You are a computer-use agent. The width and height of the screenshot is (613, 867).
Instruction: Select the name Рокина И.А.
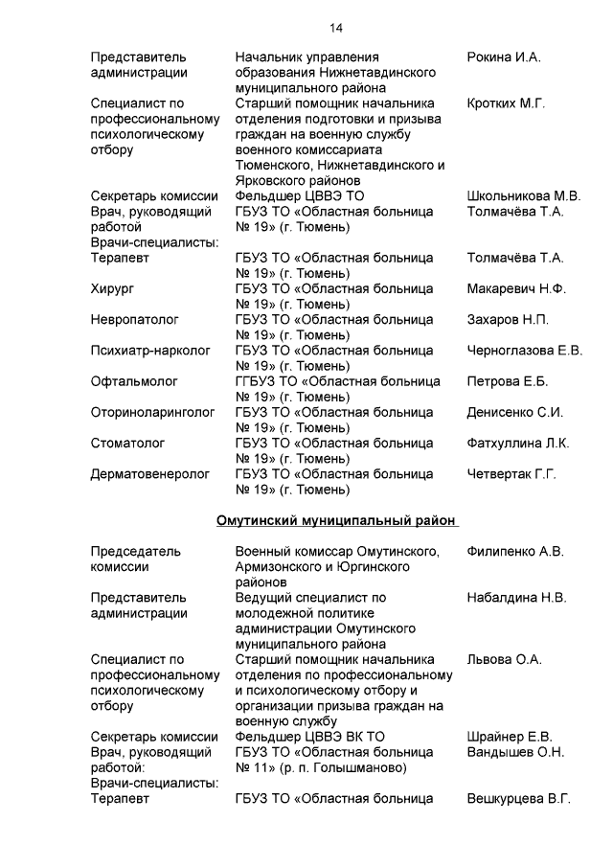tap(504, 57)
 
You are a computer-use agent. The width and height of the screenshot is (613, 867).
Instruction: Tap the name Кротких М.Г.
tap(506, 103)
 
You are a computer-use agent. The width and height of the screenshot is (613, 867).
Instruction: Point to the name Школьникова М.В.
tap(523, 196)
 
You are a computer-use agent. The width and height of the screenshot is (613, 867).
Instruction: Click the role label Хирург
tap(112, 288)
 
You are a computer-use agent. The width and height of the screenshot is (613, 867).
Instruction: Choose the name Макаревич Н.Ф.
tap(516, 288)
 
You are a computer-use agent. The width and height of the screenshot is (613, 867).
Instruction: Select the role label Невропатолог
tap(134, 319)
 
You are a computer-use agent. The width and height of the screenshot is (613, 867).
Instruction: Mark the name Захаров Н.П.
tap(508, 319)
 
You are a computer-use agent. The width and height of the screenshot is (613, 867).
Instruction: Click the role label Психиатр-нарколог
tap(150, 351)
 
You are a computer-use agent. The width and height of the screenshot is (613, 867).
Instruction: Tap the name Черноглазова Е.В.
tap(524, 351)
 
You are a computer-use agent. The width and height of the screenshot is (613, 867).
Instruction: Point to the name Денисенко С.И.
tap(514, 412)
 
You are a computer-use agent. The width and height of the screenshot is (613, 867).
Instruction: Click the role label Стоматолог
tap(128, 443)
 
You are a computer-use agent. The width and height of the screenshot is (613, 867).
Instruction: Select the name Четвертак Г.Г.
tap(511, 473)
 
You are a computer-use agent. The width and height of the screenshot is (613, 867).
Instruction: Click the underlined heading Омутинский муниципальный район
tap(335, 520)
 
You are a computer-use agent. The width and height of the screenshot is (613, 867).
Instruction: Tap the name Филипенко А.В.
tap(515, 551)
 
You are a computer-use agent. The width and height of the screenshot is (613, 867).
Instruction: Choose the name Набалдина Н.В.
tap(516, 597)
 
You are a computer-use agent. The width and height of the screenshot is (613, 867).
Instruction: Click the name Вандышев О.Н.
tap(515, 752)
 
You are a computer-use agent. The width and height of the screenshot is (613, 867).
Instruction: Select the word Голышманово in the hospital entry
tap(362, 767)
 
